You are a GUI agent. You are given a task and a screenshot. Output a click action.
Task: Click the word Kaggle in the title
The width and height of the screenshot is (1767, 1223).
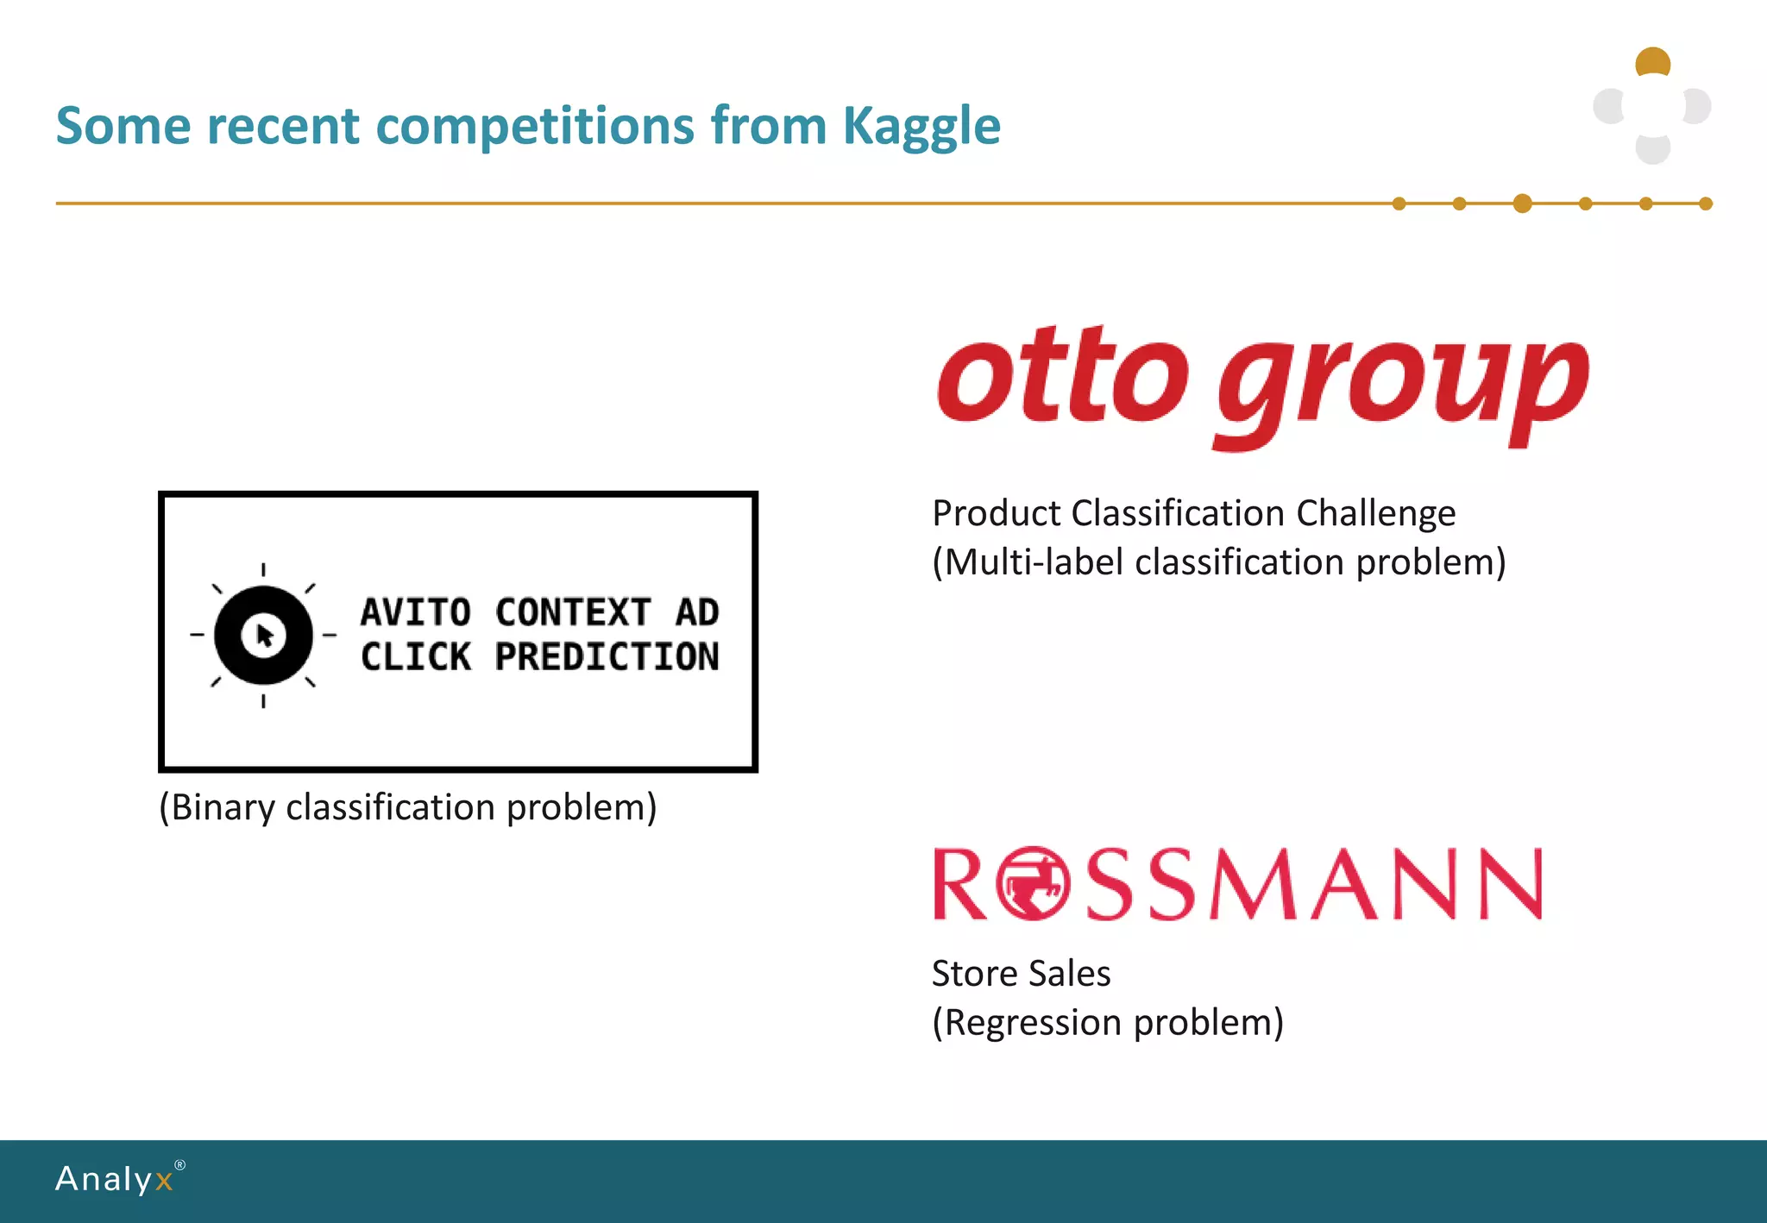pos(921,126)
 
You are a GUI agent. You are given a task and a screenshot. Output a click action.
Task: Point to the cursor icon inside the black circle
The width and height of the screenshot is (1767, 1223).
pos(265,637)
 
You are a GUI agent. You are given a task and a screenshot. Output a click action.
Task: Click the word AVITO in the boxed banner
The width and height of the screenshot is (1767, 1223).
pos(416,612)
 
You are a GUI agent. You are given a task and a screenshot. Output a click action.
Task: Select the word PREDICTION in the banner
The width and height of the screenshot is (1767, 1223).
pos(607,657)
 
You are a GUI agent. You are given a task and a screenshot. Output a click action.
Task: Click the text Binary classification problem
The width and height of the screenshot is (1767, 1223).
pos(408,807)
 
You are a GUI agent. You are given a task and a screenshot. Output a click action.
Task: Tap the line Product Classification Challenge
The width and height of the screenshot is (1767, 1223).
pos(1193,513)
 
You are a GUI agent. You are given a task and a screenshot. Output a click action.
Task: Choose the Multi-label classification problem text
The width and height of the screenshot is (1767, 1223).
pos(1218,562)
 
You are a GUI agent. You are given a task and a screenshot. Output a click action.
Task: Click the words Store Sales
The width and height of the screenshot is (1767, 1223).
pos(1021,974)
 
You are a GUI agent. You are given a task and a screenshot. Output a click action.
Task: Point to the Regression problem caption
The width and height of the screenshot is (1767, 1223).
pos(1108,1023)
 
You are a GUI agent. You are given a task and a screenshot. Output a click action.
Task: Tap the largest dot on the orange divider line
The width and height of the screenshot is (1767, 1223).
pos(1523,204)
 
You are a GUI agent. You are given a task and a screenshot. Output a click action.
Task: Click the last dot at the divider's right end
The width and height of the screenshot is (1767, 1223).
pos(1706,204)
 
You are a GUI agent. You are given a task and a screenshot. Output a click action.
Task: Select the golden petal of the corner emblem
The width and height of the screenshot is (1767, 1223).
pos(1653,61)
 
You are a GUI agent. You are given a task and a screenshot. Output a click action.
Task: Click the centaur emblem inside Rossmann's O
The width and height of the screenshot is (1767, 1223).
pos(1033,884)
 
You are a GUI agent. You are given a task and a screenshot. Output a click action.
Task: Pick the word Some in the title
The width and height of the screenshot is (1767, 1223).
pos(123,126)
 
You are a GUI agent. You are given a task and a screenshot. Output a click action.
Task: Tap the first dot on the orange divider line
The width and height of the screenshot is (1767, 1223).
pos(1399,204)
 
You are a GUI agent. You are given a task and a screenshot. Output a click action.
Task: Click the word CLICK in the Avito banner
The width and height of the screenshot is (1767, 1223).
pos(416,657)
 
